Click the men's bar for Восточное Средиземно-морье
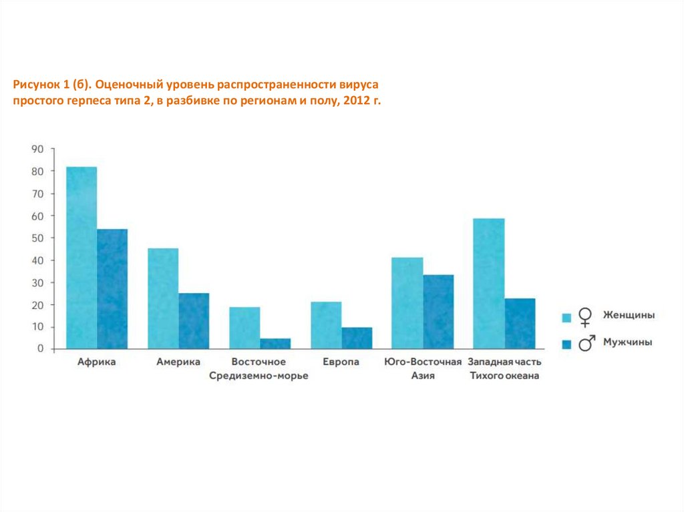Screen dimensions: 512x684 click(275, 343)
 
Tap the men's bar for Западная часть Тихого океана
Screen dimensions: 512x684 click(520, 323)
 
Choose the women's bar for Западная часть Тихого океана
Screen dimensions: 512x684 click(489, 283)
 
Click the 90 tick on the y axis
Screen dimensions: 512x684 click(37, 149)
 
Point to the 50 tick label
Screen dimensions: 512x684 click(37, 238)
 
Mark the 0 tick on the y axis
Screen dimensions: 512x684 click(41, 348)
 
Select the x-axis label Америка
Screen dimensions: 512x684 click(178, 362)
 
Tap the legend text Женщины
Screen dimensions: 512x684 click(629, 315)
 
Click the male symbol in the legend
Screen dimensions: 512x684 click(586, 343)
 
